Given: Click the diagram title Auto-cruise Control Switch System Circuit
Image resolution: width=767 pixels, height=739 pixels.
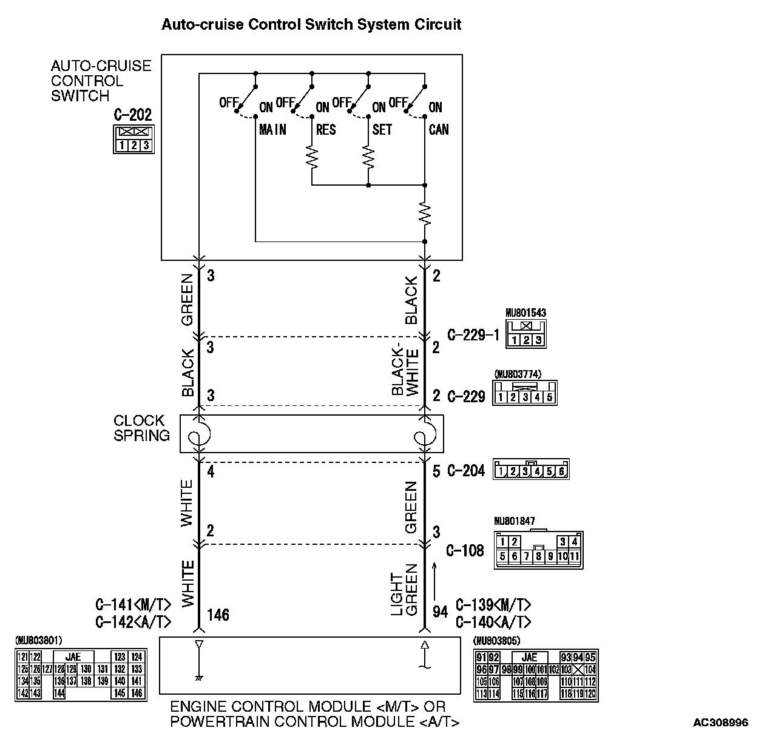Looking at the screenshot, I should [311, 25].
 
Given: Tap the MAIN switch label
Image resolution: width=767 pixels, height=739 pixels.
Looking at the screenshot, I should [272, 129].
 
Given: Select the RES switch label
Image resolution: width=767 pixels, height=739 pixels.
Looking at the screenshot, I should [326, 129].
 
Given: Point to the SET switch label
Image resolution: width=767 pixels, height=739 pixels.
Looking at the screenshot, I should [382, 129].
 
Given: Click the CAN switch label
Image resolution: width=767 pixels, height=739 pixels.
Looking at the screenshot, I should [439, 129].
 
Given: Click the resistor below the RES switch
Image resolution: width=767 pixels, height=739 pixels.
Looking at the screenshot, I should [312, 158].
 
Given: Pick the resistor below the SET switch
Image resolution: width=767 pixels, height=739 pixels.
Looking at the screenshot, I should [368, 158].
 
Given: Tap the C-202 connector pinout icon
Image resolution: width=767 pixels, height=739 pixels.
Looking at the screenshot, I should [133, 140].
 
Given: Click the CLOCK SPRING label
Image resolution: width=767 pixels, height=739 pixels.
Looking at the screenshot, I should [141, 428].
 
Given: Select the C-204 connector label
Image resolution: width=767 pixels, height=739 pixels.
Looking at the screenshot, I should [466, 470].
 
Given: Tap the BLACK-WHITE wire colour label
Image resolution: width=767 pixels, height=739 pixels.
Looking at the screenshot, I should [405, 371].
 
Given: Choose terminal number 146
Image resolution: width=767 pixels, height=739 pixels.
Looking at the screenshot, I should [218, 615].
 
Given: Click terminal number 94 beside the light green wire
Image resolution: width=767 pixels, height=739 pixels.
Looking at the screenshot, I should [440, 612].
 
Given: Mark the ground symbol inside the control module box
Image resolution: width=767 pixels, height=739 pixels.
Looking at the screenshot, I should [198, 677].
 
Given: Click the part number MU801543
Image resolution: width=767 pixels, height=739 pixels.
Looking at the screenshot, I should [525, 313].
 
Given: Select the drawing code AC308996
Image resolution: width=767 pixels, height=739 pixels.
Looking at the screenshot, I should [720, 723].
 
